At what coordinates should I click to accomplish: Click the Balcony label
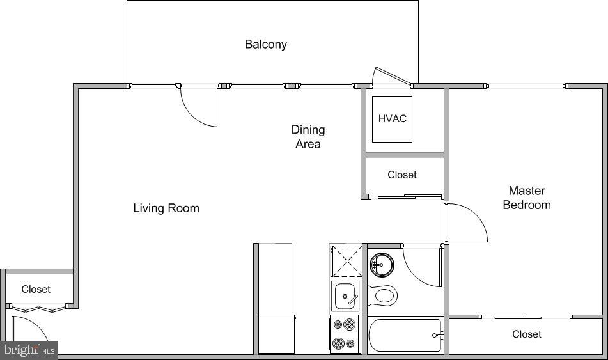(x=265, y=44)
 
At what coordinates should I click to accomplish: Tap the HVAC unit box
(x=392, y=119)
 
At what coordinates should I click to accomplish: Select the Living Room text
(x=166, y=208)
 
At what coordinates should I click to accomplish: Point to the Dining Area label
(x=308, y=137)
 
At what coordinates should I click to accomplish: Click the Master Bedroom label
(x=526, y=198)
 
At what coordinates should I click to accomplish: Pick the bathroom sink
(x=382, y=263)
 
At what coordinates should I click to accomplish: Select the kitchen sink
(x=345, y=297)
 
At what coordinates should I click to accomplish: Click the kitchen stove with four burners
(x=345, y=334)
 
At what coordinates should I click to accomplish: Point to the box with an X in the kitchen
(x=346, y=260)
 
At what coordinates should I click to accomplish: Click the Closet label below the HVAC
(x=401, y=175)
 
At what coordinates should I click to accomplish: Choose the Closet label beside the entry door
(x=36, y=289)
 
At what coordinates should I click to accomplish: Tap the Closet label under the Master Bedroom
(x=526, y=334)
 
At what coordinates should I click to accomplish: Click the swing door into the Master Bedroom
(x=470, y=221)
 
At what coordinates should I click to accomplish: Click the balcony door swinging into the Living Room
(x=199, y=107)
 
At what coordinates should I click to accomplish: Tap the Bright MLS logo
(x=29, y=350)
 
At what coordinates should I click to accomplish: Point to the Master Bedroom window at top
(x=526, y=86)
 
